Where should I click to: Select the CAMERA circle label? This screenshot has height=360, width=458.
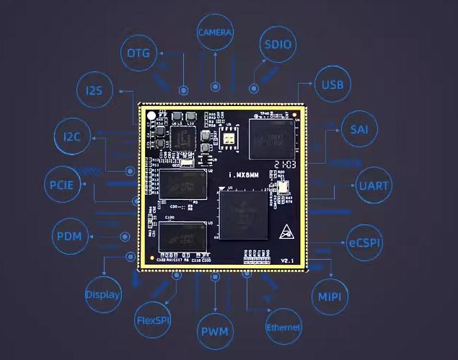tap(215, 32)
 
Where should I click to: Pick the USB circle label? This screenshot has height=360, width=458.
tap(333, 85)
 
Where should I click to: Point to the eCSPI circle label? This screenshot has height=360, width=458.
tap(364, 238)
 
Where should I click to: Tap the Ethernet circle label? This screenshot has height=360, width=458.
tap(283, 328)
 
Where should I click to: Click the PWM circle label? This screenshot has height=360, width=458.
tap(214, 332)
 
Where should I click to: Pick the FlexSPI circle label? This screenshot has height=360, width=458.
tap(153, 319)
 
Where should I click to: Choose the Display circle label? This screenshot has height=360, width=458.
tap(103, 294)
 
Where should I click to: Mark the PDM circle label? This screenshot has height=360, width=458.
tap(69, 237)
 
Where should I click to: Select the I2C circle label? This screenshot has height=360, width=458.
tap(72, 137)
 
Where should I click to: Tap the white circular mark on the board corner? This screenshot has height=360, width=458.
tap(150, 115)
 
